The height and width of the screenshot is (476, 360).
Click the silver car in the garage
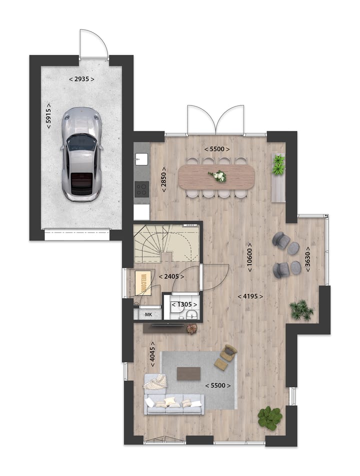pyautogui.click(x=81, y=154)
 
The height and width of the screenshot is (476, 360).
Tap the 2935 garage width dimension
pyautogui.click(x=81, y=79)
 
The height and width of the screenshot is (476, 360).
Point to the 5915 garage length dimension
pyautogui.click(x=48, y=115)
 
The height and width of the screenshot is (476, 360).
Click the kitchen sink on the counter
pyautogui.click(x=141, y=159)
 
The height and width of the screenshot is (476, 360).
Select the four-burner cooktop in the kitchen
pyautogui.click(x=142, y=189)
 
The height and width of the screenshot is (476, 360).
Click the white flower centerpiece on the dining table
pyautogui.click(x=217, y=176)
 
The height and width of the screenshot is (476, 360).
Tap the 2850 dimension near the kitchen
pyautogui.click(x=163, y=179)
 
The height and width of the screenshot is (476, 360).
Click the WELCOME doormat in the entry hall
pyautogui.click(x=142, y=283)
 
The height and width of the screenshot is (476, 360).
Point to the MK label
pyautogui.click(x=148, y=314)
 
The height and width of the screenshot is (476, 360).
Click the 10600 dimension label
pyautogui.click(x=249, y=257)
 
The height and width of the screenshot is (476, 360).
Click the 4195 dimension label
pyautogui.click(x=250, y=296)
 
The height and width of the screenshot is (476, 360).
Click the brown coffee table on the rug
pyautogui.click(x=189, y=373)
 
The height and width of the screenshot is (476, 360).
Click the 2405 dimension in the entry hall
pyautogui.click(x=171, y=276)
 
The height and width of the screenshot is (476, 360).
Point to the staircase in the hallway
pyautogui.click(x=166, y=243)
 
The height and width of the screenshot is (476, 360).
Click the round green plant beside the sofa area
pyautogui.click(x=270, y=418)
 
